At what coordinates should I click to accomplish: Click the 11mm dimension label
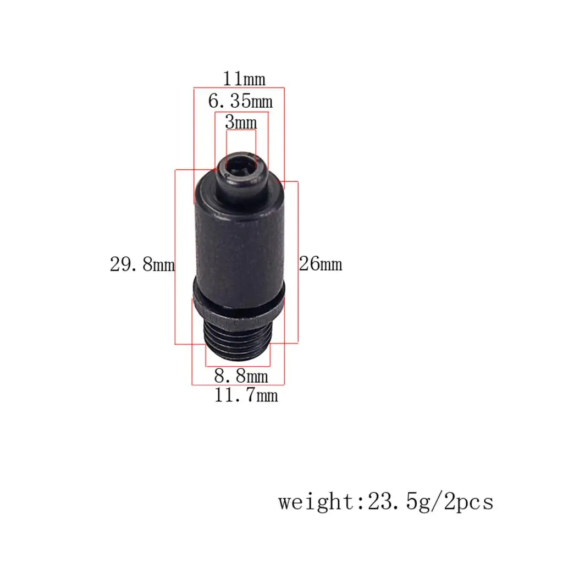pyautogui.click(x=244, y=79)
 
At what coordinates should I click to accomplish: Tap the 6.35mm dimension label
pyautogui.click(x=240, y=101)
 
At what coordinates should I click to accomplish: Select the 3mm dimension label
pyautogui.click(x=241, y=123)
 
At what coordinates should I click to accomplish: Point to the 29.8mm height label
pyautogui.click(x=142, y=264)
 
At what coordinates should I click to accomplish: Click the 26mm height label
pyautogui.click(x=321, y=264)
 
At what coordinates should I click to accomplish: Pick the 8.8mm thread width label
pyautogui.click(x=241, y=376)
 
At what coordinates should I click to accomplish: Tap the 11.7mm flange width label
pyautogui.click(x=246, y=395)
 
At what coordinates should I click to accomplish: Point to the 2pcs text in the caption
pyautogui.click(x=469, y=501)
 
